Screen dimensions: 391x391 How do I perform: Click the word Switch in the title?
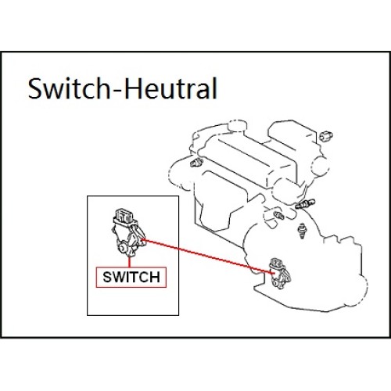point(70,88)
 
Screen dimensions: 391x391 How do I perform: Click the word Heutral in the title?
point(171,88)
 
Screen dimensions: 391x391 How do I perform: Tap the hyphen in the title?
point(118,90)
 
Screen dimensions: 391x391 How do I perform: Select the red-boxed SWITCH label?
point(131,277)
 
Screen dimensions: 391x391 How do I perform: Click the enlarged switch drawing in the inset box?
point(128,232)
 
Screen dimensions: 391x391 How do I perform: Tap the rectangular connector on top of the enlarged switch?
point(124,216)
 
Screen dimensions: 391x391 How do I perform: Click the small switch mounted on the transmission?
point(280,273)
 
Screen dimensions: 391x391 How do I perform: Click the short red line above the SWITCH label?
point(129,262)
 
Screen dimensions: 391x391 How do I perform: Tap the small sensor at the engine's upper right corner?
point(326,135)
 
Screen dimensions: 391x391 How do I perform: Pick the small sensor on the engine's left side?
point(196,162)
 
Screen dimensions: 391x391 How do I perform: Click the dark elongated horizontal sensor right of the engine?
point(305,203)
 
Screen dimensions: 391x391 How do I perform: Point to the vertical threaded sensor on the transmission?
point(302,231)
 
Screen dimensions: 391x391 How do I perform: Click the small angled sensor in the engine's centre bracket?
point(278,215)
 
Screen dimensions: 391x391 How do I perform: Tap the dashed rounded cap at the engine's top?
point(237,125)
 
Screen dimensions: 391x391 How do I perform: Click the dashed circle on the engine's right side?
point(321,166)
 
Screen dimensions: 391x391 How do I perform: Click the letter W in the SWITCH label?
point(120,277)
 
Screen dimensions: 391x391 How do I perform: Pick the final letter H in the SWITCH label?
point(155,277)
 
